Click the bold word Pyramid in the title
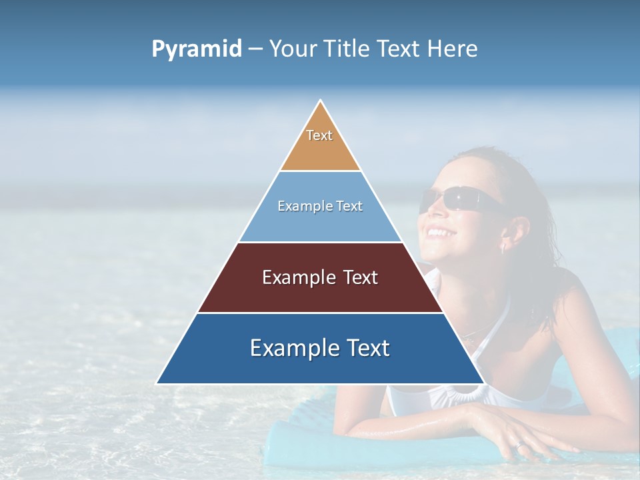coord(196,49)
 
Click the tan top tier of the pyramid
coord(320,150)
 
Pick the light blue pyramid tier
coord(320,223)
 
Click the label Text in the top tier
coord(319,135)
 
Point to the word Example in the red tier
coord(291,277)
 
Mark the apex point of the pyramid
coord(321,101)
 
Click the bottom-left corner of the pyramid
coord(157,383)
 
